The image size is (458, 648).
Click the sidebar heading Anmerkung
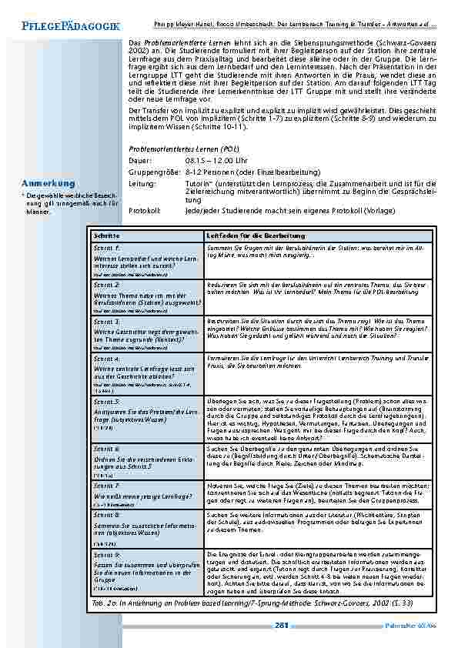tap(49, 184)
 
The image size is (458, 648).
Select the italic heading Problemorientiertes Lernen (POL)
tap(183, 146)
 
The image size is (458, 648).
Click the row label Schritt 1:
tap(106, 249)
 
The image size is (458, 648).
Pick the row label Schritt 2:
tap(106, 285)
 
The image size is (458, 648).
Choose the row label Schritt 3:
tap(106, 320)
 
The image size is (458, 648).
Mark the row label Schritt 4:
tap(106, 359)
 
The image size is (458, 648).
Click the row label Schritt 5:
tap(106, 402)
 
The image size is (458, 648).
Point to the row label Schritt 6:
tap(106, 447)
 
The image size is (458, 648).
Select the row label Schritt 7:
tap(106, 486)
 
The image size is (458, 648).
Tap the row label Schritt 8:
tap(106, 513)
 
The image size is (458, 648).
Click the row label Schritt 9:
tap(106, 554)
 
